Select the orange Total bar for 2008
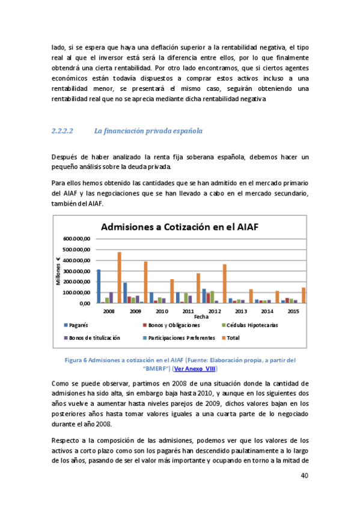[119, 277]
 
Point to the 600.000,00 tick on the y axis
[76, 239]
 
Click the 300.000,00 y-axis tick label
[76, 271]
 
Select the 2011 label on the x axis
[188, 311]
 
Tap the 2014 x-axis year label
[267, 311]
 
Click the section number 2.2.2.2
[63, 131]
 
